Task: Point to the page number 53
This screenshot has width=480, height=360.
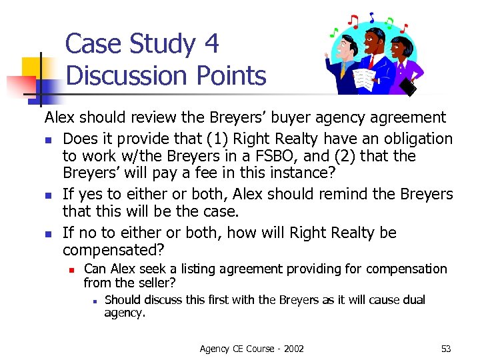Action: [446, 349]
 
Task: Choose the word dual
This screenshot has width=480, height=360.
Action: [413, 300]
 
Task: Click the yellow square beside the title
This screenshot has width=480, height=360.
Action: [32, 67]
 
